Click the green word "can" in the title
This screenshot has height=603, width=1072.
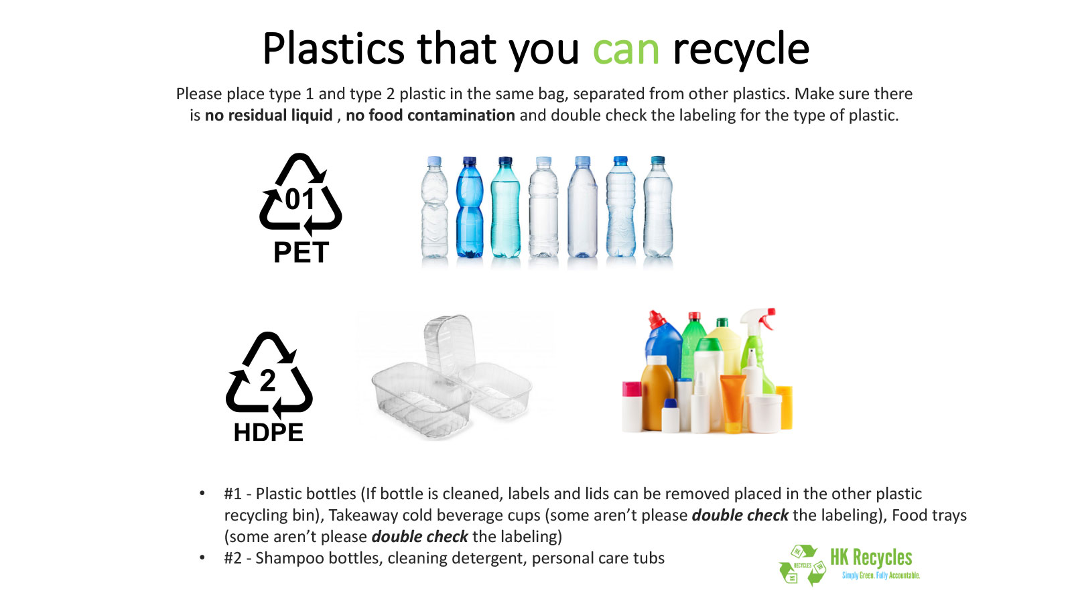626,50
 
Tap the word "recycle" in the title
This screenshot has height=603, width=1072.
741,50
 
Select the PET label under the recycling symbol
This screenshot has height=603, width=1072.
301,252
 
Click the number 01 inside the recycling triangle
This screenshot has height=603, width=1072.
299,200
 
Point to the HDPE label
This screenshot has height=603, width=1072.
269,432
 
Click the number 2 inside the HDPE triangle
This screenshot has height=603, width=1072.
268,381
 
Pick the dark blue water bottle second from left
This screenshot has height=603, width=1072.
470,207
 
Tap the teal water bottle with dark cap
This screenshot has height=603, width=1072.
505,207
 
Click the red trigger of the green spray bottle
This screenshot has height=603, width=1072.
768,318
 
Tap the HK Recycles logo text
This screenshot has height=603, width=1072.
871,557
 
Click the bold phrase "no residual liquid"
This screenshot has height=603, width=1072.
269,115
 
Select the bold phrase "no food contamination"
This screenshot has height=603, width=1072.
430,115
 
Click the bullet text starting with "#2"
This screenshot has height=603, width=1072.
444,558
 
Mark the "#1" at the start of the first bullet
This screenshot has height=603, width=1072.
232,493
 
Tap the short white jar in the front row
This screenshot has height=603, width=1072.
764,414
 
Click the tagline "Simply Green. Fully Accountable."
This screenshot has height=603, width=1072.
881,576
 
